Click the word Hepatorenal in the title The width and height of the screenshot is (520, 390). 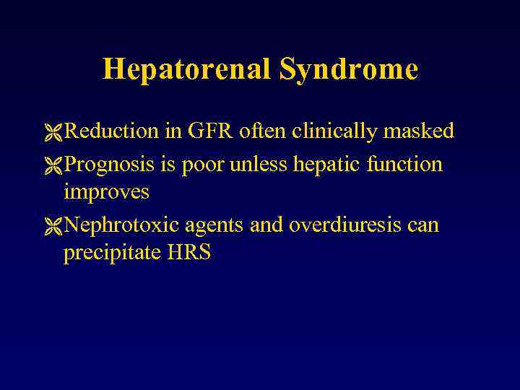click(187, 69)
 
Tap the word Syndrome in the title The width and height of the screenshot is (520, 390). click(349, 69)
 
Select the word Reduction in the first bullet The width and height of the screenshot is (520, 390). click(111, 131)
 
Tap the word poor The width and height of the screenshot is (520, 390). click(204, 165)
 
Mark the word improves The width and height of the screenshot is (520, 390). click(106, 192)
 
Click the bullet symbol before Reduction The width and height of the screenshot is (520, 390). click(53, 132)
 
